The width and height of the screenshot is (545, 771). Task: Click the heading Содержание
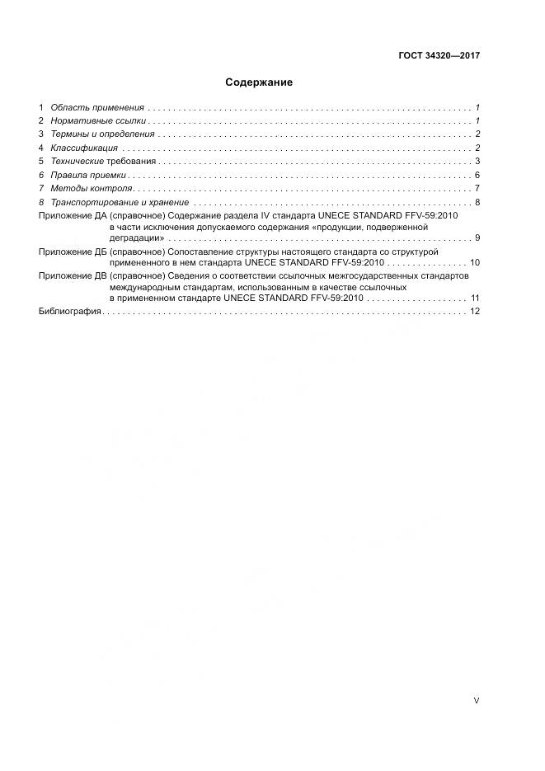pos(259,82)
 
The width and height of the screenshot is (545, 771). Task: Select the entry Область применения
pos(97,108)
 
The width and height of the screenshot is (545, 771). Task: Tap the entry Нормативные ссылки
pos(98,121)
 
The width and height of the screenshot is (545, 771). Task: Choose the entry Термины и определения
pos(102,134)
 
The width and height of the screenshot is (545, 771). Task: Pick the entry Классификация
pos(84,148)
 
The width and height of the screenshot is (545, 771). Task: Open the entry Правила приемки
pos(88,175)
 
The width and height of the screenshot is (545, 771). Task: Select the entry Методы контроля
pos(91,188)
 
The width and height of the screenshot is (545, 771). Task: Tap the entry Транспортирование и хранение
pos(120,202)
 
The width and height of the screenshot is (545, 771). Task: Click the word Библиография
pos(70,311)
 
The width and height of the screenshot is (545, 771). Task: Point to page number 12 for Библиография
pos(474,311)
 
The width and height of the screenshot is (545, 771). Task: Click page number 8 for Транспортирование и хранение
pos(477,202)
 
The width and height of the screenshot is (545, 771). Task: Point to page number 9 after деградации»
pos(477,238)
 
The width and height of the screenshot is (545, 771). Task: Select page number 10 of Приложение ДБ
pos(474,262)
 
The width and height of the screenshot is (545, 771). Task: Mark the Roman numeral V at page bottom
pos(477,700)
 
